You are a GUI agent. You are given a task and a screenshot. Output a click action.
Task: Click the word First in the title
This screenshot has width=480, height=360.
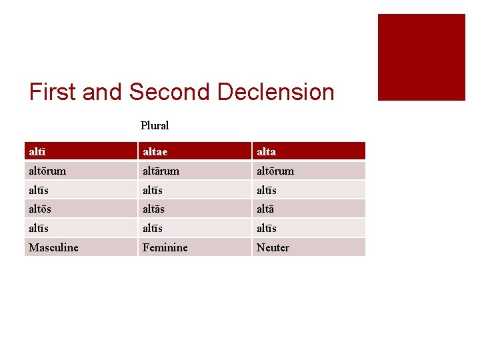(53, 92)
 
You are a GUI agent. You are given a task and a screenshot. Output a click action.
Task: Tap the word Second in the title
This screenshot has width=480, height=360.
(171, 92)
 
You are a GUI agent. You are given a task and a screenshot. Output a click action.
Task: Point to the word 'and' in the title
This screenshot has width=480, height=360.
(103, 92)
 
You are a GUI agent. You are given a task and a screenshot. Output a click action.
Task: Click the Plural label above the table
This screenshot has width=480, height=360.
(155, 125)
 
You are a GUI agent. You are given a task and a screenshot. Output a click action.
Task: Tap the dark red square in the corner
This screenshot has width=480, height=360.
(421, 57)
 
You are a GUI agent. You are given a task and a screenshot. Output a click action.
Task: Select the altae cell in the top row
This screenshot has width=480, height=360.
(155, 151)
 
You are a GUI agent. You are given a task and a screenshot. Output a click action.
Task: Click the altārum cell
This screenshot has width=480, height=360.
(161, 171)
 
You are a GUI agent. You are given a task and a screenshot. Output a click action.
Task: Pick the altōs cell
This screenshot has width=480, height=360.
(40, 209)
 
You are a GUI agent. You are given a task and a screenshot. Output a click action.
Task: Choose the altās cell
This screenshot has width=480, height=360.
(154, 209)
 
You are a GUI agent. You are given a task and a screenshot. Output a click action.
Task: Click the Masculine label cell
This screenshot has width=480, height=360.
(53, 247)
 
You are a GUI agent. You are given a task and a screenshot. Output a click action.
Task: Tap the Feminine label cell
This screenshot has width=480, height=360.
(165, 247)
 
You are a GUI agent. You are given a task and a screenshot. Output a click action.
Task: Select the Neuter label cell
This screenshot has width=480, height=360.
(273, 247)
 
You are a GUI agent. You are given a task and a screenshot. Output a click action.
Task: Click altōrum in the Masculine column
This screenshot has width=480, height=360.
(47, 171)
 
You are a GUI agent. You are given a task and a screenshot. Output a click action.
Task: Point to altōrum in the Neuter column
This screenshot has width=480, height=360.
(275, 171)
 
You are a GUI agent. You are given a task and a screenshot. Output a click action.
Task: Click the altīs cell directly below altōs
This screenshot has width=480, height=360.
(39, 228)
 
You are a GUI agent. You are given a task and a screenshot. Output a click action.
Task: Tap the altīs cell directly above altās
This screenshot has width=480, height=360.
(153, 190)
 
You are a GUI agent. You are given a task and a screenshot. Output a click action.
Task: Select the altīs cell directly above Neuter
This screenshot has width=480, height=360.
(267, 228)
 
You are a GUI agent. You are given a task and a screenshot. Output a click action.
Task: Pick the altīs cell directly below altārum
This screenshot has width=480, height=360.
(153, 190)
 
